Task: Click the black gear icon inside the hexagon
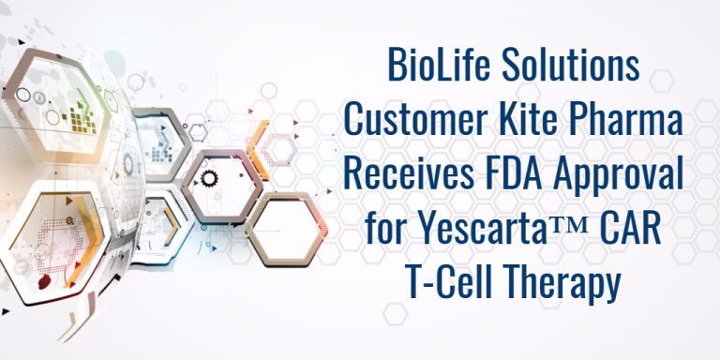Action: [x=209, y=178]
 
